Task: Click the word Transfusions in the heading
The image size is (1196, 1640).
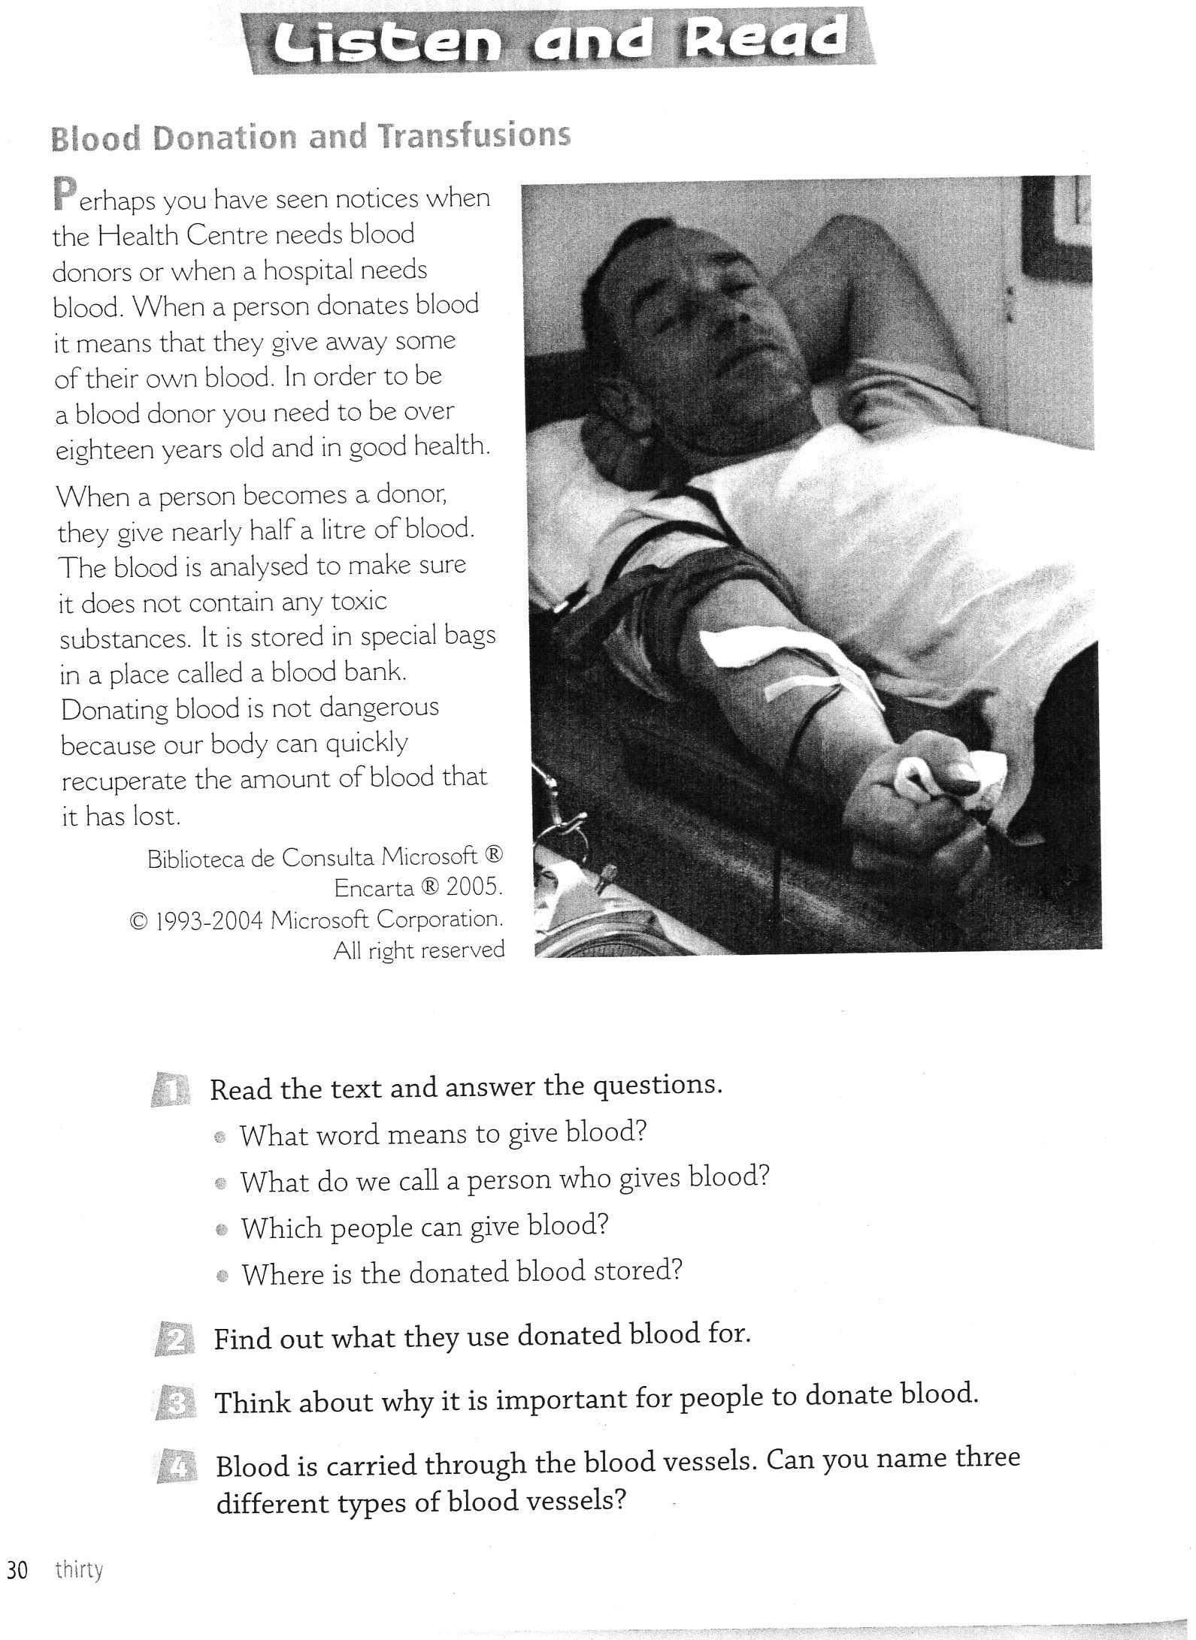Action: pyautogui.click(x=474, y=137)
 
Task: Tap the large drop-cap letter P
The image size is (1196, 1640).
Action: pyautogui.click(x=65, y=194)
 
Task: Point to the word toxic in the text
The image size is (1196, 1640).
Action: pyautogui.click(x=359, y=601)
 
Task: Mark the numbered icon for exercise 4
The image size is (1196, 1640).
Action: pyautogui.click(x=177, y=1467)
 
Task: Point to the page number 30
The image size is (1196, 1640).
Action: pyautogui.click(x=17, y=1570)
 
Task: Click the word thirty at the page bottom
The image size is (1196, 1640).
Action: pyautogui.click(x=79, y=1570)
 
